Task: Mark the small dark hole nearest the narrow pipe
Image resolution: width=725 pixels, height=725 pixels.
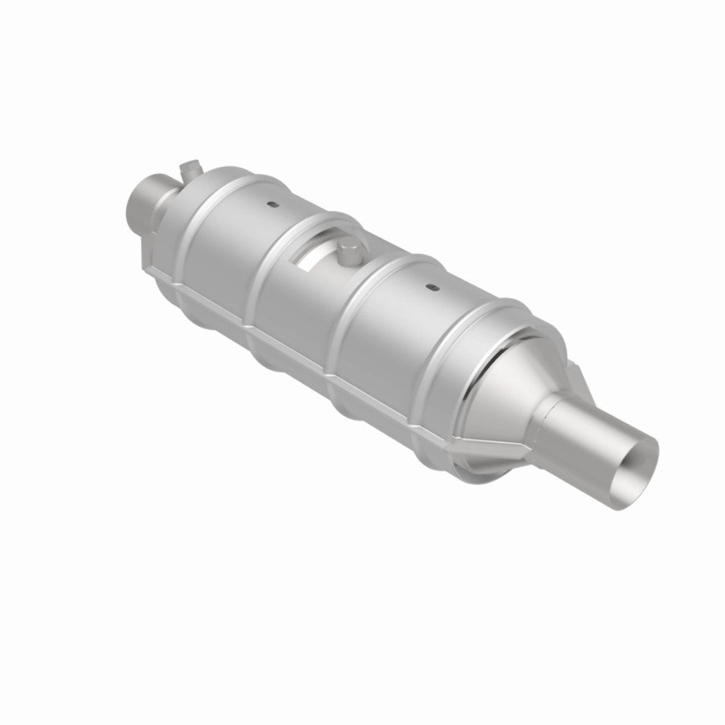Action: pos(270,205)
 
